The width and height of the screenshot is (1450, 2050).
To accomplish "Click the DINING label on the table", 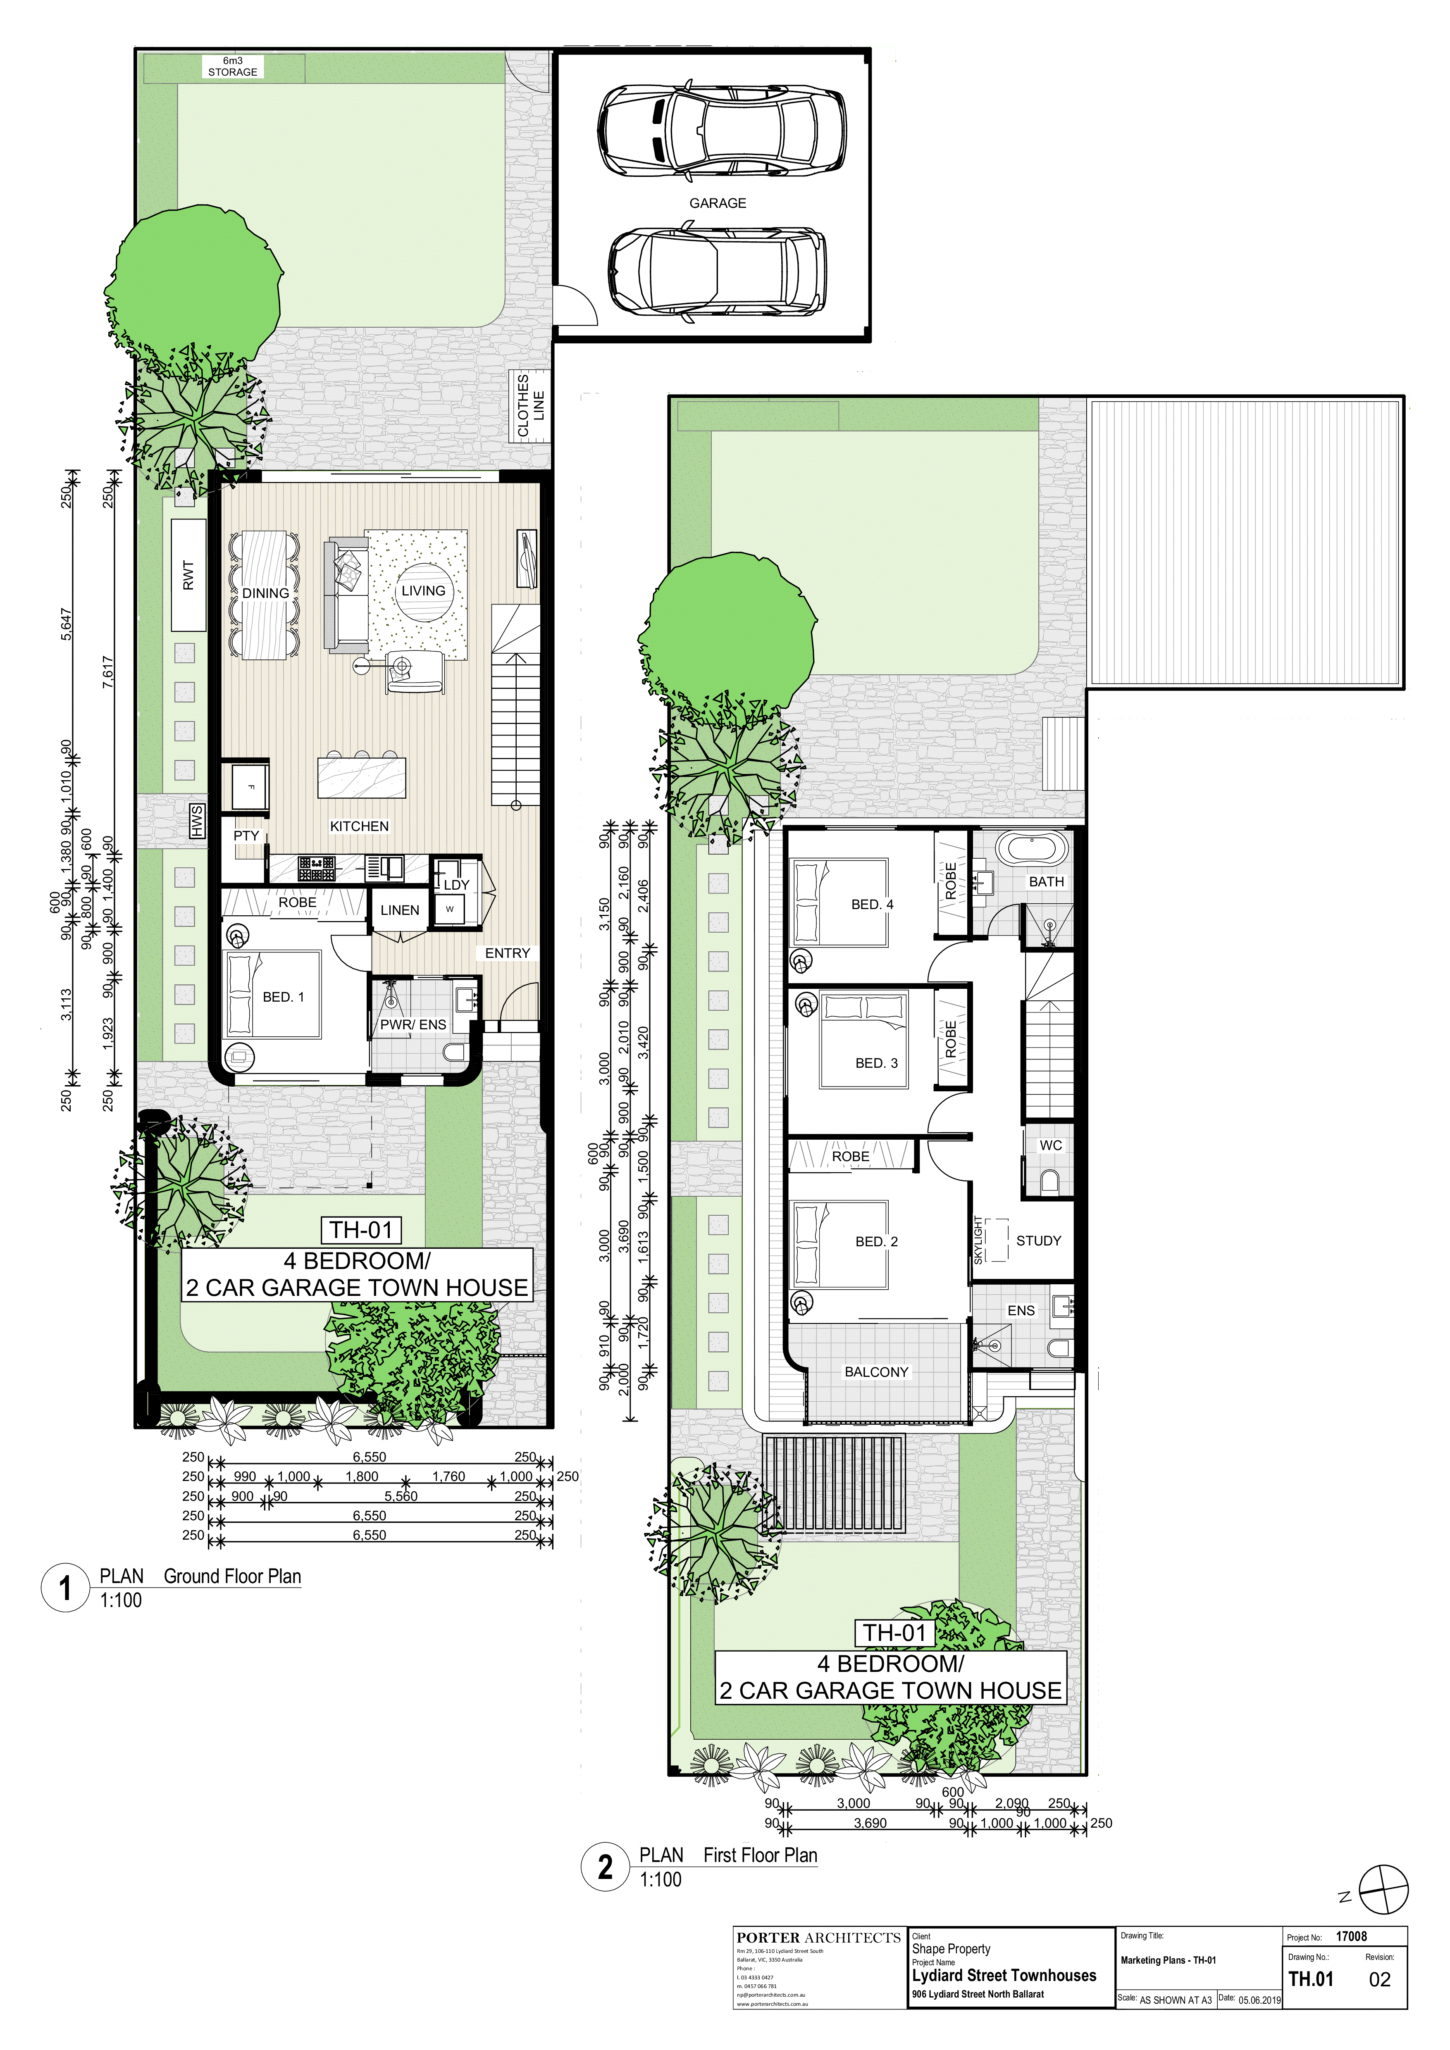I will (265, 593).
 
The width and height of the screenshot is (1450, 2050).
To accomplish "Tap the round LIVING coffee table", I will (423, 591).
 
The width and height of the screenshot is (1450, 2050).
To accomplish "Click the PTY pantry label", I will (246, 836).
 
